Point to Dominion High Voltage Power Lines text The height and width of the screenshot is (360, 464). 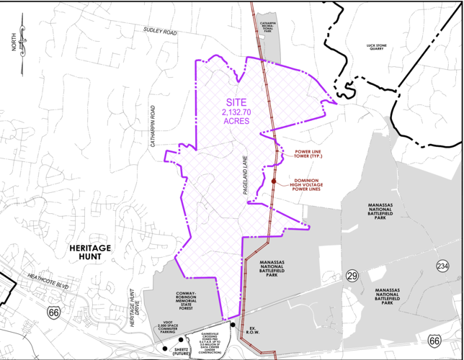[311, 185]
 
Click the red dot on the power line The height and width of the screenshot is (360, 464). [274, 181]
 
